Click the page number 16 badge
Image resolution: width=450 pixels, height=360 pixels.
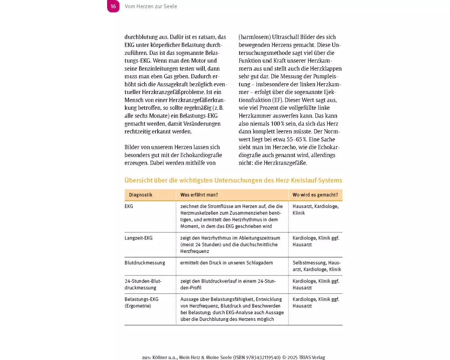(113, 6)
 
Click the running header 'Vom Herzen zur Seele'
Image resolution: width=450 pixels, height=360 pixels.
(150, 6)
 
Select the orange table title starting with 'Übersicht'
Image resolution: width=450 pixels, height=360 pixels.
(233, 180)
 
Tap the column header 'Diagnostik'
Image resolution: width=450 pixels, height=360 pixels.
(140, 195)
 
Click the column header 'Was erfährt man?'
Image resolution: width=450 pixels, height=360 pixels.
(199, 195)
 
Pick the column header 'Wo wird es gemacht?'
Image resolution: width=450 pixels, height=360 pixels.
(315, 195)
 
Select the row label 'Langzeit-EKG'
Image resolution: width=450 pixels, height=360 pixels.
(139, 238)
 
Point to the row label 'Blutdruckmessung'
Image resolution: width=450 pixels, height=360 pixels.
(144, 262)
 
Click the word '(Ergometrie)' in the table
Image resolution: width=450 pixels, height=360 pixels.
(138, 306)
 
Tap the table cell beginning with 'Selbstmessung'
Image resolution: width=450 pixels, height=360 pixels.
(316, 266)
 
